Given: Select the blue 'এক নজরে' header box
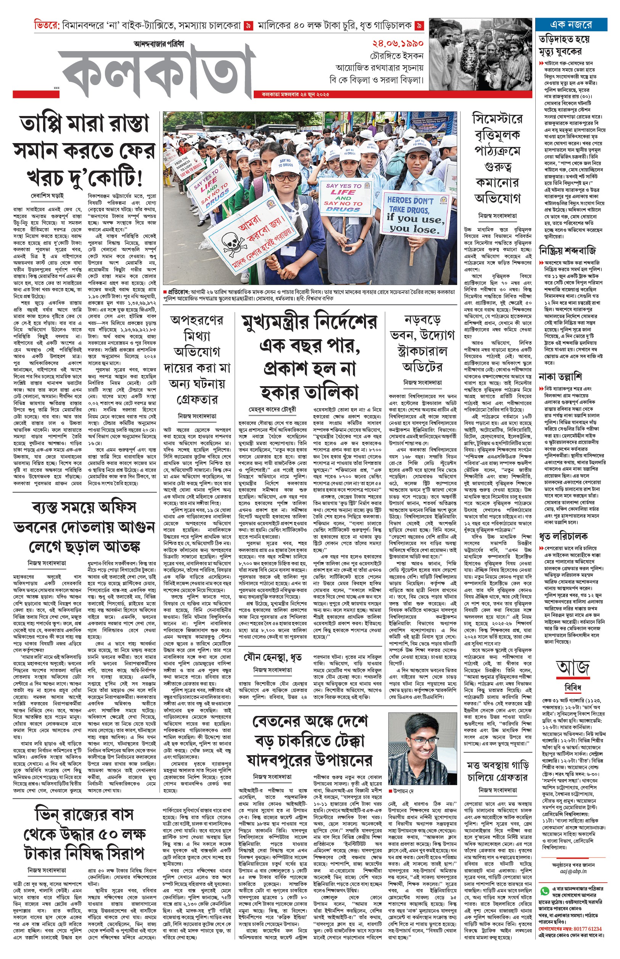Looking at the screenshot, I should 570,24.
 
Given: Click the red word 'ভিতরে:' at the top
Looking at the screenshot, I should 47,25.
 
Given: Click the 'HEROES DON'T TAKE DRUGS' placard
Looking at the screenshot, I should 415,213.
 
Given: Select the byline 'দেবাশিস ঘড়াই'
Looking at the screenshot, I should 47,196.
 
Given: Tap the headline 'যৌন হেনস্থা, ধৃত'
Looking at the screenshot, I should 272,658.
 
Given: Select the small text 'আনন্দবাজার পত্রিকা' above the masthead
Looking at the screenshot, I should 159,44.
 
